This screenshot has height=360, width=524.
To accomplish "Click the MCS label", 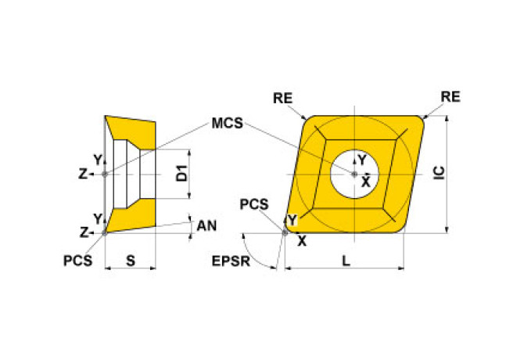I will click(227, 124).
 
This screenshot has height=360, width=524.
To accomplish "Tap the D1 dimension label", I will click(181, 174).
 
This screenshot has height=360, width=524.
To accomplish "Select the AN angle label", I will click(206, 225).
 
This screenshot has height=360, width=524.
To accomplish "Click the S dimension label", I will click(131, 261).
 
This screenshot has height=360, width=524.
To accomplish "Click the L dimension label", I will click(345, 261).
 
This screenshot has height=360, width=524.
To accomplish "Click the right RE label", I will click(450, 96).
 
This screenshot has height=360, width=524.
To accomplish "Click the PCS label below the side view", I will click(77, 261).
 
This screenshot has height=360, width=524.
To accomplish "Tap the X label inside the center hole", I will click(364, 182).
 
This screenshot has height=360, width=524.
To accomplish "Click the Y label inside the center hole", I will click(361, 161).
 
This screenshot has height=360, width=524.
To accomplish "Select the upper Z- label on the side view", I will click(86, 174).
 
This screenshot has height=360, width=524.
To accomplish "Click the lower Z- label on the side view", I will click(86, 232).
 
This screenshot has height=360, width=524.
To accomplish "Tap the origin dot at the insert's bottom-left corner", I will click(285, 232).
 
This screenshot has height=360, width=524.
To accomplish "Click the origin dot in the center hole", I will click(354, 174).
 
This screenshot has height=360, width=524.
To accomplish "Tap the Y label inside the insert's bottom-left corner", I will click(292, 221).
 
